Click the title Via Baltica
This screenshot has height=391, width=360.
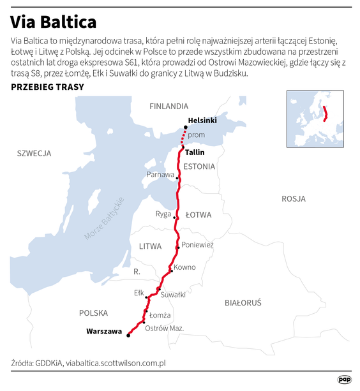(x=54, y=21)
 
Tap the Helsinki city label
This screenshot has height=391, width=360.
(x=203, y=121)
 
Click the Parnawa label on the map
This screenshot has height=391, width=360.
(x=160, y=174)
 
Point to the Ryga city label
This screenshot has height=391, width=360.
(x=163, y=214)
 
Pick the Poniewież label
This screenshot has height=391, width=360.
(x=197, y=245)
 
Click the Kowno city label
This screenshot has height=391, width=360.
(x=184, y=267)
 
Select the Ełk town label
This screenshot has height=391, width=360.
(x=139, y=293)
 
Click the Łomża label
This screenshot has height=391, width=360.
(x=160, y=315)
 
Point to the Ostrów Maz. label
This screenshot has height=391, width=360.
(x=165, y=328)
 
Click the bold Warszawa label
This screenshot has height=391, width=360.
(x=104, y=332)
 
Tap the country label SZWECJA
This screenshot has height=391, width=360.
(x=34, y=153)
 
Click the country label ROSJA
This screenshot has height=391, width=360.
(x=294, y=199)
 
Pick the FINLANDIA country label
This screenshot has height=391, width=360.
(x=169, y=106)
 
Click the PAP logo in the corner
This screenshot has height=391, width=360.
(x=345, y=379)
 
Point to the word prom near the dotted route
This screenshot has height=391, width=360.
(x=197, y=135)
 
